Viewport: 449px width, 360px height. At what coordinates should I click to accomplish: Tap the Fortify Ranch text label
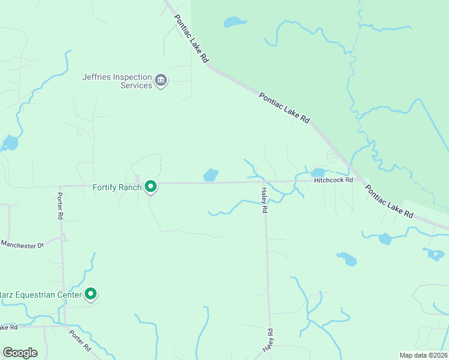[x=117, y=187]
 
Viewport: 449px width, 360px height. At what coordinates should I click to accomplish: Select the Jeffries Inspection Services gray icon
[x=160, y=80]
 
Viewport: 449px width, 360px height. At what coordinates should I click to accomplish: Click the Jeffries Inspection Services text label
[x=117, y=81]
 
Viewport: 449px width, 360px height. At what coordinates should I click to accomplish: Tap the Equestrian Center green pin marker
[x=91, y=294]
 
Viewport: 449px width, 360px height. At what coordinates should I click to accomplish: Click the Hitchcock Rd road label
[x=333, y=179]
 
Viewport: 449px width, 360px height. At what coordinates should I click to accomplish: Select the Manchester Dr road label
[x=23, y=244]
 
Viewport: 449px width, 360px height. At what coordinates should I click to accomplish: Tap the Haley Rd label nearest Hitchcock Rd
[x=264, y=201]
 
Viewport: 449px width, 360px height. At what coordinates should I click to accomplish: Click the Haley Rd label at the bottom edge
[x=268, y=340]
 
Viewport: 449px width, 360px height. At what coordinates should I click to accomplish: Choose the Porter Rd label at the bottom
[x=79, y=340]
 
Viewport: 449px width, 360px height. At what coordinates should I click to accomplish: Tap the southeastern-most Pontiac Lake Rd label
[x=390, y=201]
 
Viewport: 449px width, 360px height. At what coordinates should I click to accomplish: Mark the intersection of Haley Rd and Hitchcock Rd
[x=265, y=181]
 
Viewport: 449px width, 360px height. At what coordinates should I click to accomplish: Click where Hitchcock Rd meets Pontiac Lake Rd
[x=360, y=179]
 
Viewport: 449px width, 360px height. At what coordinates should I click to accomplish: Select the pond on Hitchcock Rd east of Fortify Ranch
[x=211, y=175]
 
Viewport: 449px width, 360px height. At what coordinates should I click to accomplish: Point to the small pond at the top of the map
[x=235, y=22]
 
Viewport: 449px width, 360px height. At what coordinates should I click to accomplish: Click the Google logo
[x=20, y=352]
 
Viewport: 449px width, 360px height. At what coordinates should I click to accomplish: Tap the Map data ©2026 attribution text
[x=423, y=355]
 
